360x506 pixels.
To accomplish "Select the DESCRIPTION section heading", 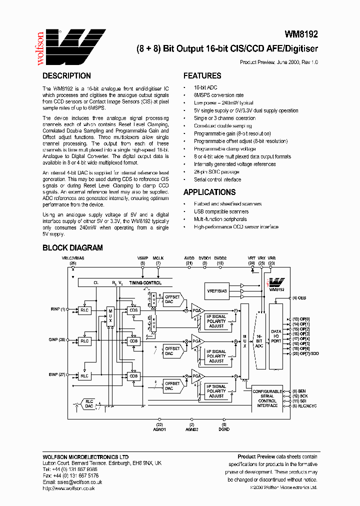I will (x=66, y=76).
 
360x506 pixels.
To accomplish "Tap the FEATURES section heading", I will (x=202, y=76).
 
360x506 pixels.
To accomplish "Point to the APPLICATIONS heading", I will (x=209, y=192).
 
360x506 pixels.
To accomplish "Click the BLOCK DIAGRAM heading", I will (x=72, y=247).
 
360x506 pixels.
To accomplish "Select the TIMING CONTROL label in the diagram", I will (x=145, y=283).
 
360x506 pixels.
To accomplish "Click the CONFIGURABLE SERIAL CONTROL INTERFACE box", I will (x=267, y=398).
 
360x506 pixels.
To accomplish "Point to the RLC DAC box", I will (x=89, y=403).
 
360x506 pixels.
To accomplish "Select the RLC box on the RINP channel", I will (x=84, y=309).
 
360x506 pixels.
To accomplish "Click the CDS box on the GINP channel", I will (x=133, y=341).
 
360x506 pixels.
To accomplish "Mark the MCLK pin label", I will (x=158, y=258).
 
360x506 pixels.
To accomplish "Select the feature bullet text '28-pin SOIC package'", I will (x=216, y=171).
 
